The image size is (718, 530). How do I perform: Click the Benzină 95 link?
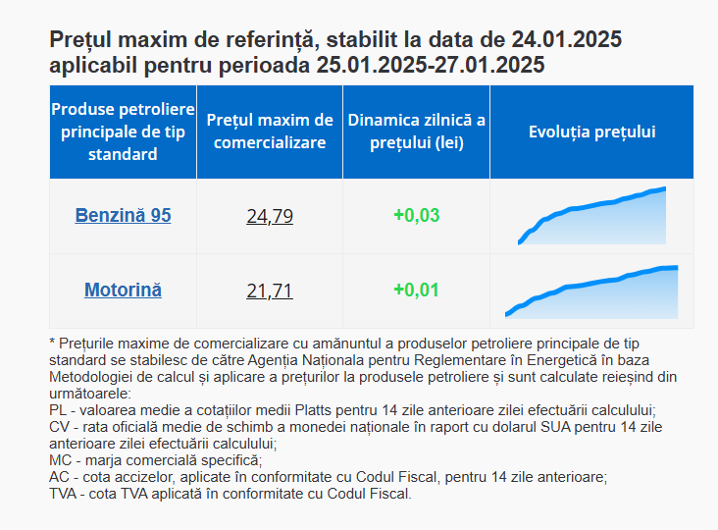(123, 215)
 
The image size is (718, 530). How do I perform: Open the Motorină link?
(123, 290)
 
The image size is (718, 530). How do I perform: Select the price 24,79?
(270, 216)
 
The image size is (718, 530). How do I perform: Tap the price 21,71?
(270, 291)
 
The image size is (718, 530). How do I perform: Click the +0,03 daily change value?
(417, 215)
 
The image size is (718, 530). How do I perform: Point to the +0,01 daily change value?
(416, 290)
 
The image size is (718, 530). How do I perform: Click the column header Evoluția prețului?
(592, 132)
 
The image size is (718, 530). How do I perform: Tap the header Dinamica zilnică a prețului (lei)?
(416, 132)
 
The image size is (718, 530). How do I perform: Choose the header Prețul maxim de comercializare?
(270, 132)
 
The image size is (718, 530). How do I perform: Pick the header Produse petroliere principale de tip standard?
(123, 132)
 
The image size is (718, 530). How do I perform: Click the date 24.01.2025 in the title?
(566, 39)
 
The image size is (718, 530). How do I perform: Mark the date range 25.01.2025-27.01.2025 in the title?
(431, 65)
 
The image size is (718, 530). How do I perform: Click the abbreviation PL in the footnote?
(58, 410)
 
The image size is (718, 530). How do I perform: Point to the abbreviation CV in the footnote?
(59, 427)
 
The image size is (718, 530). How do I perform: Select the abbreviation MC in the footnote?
(60, 460)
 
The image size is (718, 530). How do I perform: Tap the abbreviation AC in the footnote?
(59, 477)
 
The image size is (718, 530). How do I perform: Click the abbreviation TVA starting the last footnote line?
(63, 494)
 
